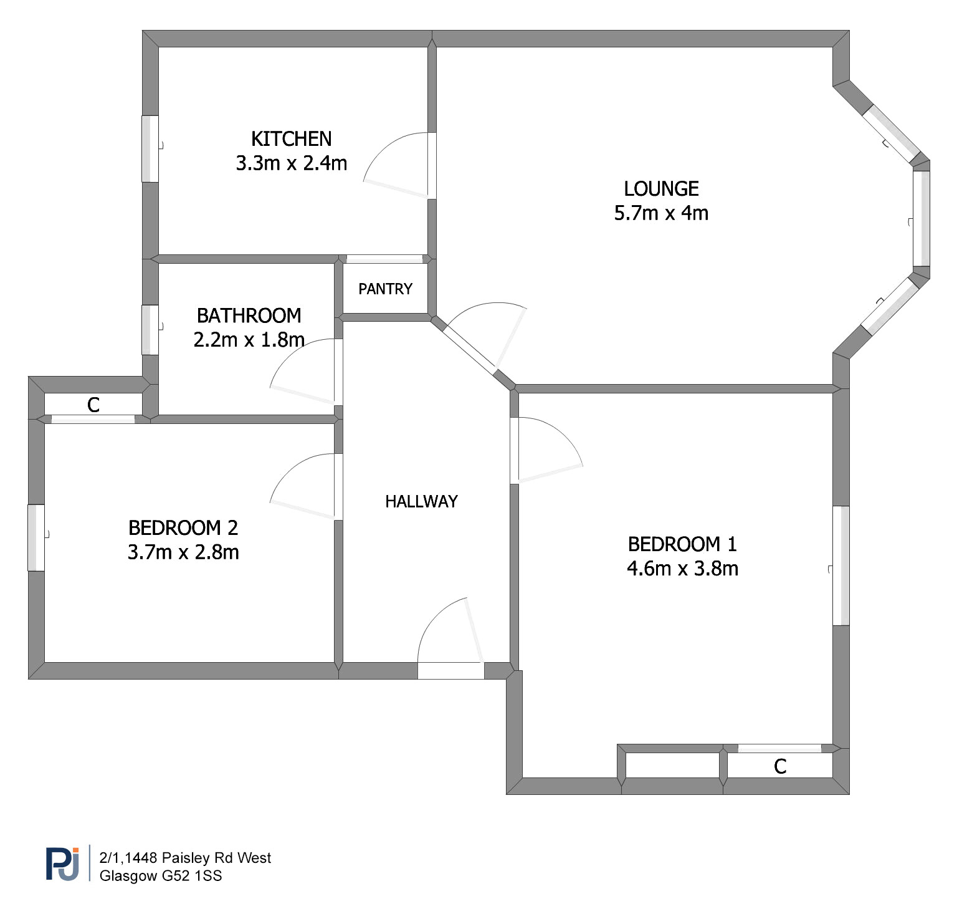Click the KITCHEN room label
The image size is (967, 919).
[291, 138]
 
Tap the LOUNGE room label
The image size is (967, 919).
[661, 188]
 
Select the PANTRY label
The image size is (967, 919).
[385, 289]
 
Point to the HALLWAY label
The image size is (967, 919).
[421, 501]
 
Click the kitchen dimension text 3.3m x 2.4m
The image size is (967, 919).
[291, 163]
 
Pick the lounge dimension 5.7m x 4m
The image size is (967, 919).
[661, 213]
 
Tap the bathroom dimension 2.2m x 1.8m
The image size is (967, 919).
[249, 340]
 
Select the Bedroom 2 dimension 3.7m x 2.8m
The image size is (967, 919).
[183, 552]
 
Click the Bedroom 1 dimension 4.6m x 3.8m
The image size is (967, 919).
[682, 568]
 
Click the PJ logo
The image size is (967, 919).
[62, 864]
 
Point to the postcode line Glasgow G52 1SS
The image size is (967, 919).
[161, 875]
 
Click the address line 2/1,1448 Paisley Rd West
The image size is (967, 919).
[185, 858]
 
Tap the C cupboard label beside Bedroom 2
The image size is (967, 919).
[93, 405]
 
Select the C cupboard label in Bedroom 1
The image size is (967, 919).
[780, 766]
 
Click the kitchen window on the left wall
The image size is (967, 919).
[150, 148]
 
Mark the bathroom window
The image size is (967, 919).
[150, 330]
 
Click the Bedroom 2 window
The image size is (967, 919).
[36, 537]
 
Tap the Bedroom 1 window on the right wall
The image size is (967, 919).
[841, 565]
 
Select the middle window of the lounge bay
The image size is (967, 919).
[922, 218]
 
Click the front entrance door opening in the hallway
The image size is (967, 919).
[450, 670]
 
